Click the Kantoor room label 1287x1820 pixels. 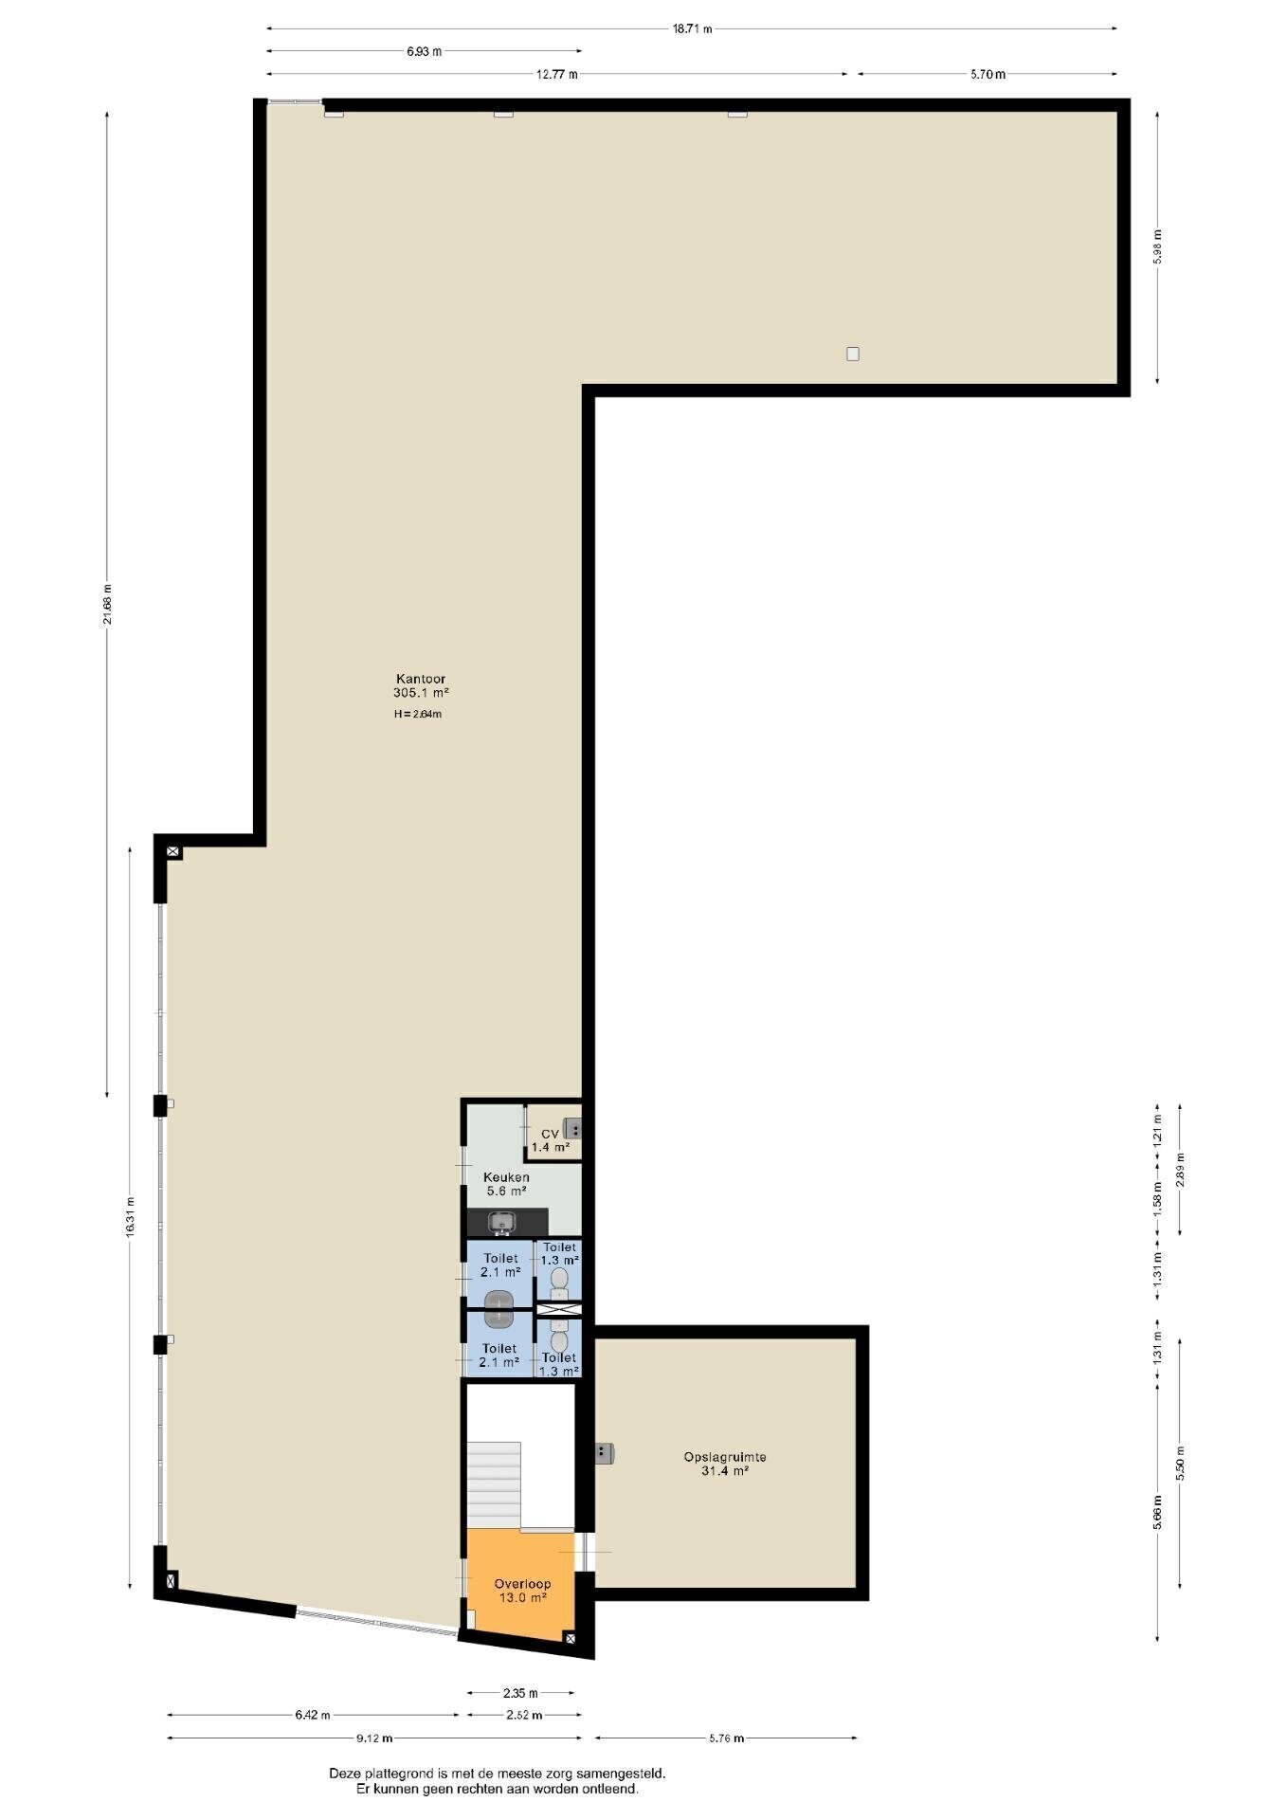[421, 679]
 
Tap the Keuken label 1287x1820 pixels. [506, 1177]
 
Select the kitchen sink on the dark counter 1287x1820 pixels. [502, 1223]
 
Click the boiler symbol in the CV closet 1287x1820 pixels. [572, 1129]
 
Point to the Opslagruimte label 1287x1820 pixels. [725, 1457]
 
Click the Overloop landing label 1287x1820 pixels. [522, 1584]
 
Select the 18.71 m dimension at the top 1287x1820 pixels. [692, 28]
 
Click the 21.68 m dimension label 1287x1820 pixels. [107, 604]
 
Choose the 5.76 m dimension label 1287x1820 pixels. [726, 1738]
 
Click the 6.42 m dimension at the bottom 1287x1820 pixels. [313, 1715]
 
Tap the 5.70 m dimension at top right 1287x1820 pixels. [988, 74]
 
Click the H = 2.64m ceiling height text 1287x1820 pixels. [418, 714]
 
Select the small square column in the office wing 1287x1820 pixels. [853, 355]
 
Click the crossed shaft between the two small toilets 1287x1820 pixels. [559, 1310]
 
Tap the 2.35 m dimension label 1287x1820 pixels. [520, 1692]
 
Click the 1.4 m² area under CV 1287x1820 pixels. [551, 1147]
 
